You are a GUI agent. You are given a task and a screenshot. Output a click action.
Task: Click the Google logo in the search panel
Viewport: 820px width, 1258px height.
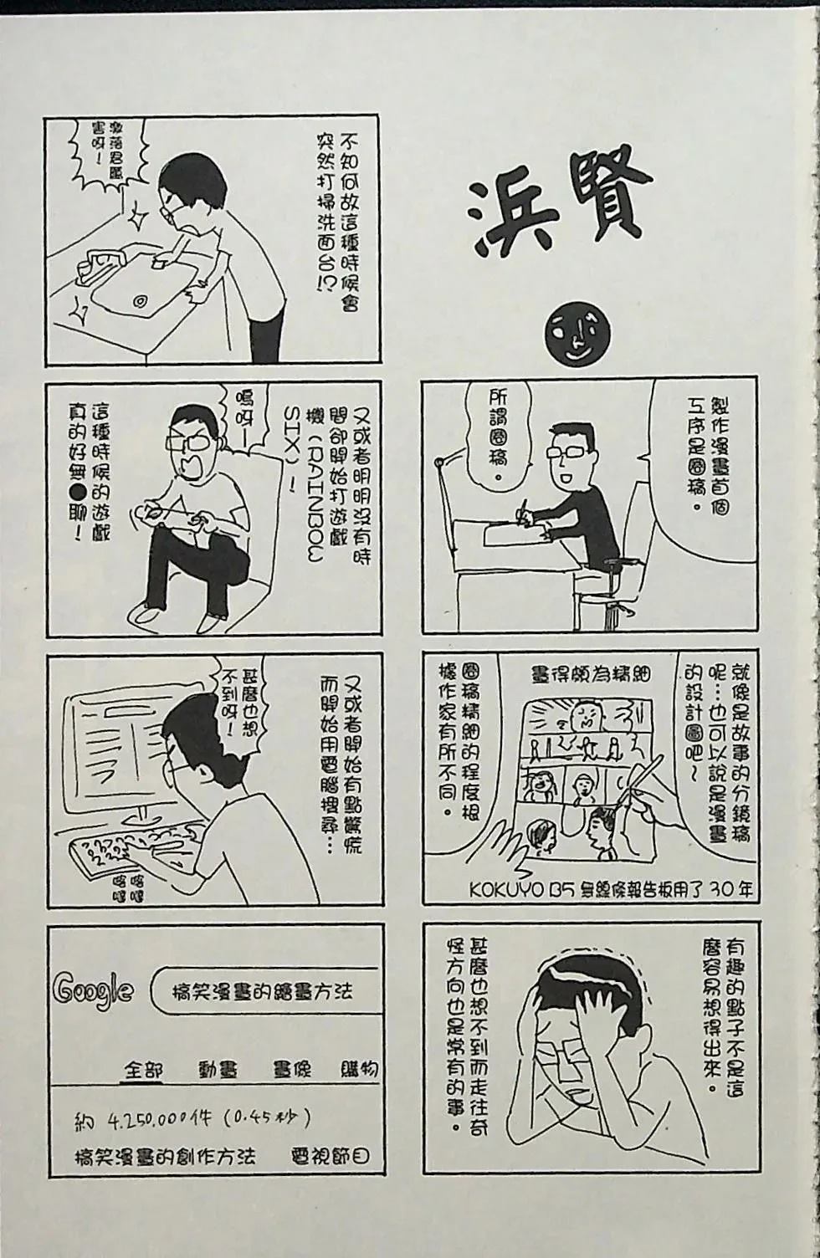[93, 990]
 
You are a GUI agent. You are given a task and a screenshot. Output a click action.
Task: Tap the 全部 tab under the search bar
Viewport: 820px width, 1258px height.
[143, 1069]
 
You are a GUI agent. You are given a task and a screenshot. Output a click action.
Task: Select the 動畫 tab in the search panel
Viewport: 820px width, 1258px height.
[218, 1069]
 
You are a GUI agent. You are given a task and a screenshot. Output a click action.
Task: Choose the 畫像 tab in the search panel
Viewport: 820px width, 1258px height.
[292, 1069]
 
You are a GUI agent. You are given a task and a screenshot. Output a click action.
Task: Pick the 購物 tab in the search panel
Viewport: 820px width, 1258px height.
[359, 1069]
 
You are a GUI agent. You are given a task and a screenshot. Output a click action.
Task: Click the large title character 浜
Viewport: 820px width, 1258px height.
[512, 216]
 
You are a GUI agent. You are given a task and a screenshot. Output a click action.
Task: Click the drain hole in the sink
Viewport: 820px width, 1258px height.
[139, 299]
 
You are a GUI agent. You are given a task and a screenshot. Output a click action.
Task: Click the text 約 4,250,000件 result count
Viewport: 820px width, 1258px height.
[193, 1118]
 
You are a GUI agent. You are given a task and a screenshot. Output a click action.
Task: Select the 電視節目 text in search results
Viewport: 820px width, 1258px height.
[329, 1157]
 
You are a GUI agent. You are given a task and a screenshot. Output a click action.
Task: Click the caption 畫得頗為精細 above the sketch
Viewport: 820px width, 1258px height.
[591, 673]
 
